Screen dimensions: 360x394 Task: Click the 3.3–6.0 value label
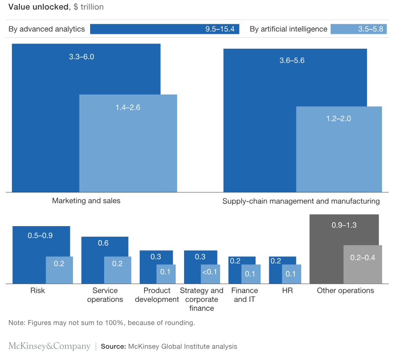pyautogui.click(x=82, y=57)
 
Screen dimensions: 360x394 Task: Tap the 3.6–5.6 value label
pyautogui.click(x=292, y=61)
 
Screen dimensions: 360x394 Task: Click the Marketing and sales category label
pyautogui.click(x=86, y=201)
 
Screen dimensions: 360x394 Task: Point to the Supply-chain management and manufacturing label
pyautogui.click(x=301, y=201)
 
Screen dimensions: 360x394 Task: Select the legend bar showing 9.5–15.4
pyautogui.click(x=164, y=29)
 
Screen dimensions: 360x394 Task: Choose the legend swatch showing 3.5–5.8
pyautogui.click(x=358, y=29)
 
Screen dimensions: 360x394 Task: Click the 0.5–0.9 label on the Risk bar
pyautogui.click(x=40, y=235)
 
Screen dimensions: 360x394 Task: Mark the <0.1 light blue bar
pyautogui.click(x=209, y=274)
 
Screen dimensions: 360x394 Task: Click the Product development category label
pyautogui.click(x=157, y=295)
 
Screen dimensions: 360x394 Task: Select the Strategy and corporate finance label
pyautogui.click(x=202, y=299)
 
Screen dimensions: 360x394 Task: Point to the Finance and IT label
pyautogui.click(x=245, y=295)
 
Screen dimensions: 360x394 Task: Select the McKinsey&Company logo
pyautogui.click(x=49, y=346)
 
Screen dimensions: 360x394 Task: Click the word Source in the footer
pyautogui.click(x=114, y=346)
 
